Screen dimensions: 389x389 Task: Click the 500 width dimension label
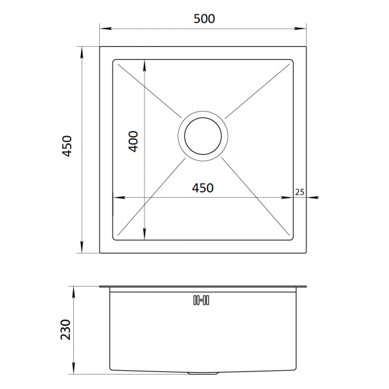(204, 19)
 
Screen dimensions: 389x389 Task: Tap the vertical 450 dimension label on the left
(67, 146)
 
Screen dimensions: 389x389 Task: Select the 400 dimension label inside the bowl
(133, 141)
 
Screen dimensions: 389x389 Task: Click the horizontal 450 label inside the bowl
(203, 188)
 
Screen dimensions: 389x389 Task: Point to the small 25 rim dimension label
(300, 192)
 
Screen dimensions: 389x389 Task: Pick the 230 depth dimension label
(65, 329)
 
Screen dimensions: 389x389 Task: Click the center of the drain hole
(203, 136)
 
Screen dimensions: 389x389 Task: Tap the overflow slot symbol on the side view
(201, 300)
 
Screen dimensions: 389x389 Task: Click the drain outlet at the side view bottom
(203, 373)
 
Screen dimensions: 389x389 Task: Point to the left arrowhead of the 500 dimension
(105, 28)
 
